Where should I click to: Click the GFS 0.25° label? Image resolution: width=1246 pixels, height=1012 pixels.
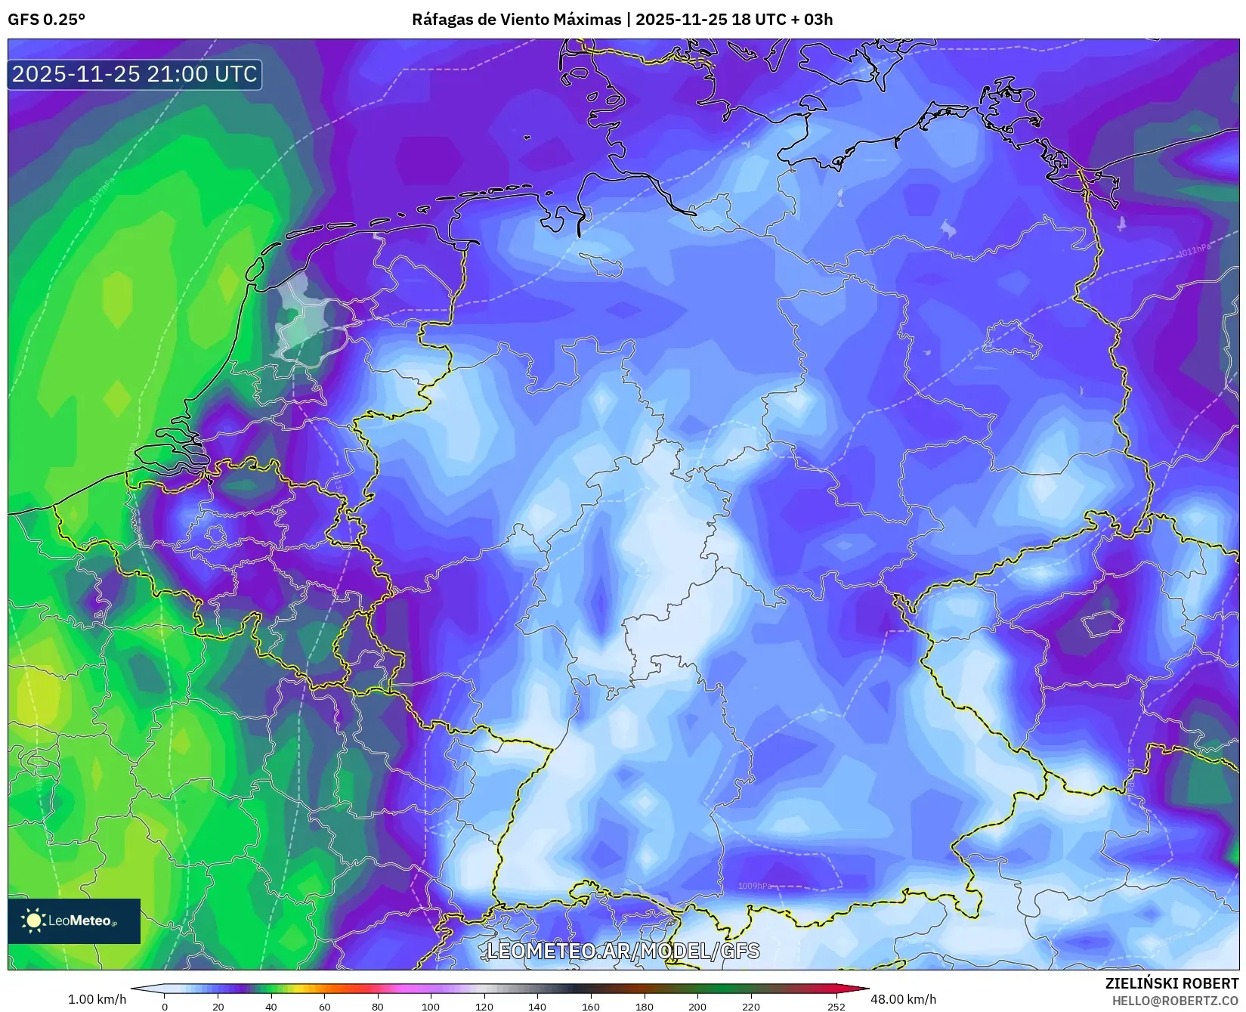click(x=46, y=20)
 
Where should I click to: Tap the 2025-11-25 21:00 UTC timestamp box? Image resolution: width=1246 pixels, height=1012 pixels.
click(x=134, y=74)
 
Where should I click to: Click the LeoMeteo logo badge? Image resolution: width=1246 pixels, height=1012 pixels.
click(x=74, y=921)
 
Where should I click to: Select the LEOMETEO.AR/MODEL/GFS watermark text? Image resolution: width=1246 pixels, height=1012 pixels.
click(x=623, y=951)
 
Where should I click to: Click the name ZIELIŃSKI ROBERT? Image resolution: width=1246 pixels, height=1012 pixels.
click(x=1172, y=983)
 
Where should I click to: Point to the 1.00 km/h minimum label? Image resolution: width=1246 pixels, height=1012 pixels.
click(x=97, y=999)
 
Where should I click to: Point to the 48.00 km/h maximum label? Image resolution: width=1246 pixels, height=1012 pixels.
click(x=903, y=999)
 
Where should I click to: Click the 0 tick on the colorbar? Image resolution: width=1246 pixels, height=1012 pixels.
click(x=165, y=1006)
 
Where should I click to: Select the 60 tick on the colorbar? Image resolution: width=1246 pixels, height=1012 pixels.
click(x=325, y=1006)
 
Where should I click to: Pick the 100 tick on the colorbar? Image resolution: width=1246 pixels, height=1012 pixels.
click(x=431, y=1006)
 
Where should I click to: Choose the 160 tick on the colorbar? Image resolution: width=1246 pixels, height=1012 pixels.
click(x=591, y=1006)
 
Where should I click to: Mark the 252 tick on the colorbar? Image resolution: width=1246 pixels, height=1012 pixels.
click(x=836, y=1006)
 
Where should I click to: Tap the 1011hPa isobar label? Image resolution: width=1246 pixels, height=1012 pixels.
click(x=1194, y=250)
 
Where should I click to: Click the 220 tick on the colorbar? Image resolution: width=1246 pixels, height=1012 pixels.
click(x=750, y=1006)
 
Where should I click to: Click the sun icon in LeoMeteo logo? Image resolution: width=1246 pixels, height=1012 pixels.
click(x=33, y=921)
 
